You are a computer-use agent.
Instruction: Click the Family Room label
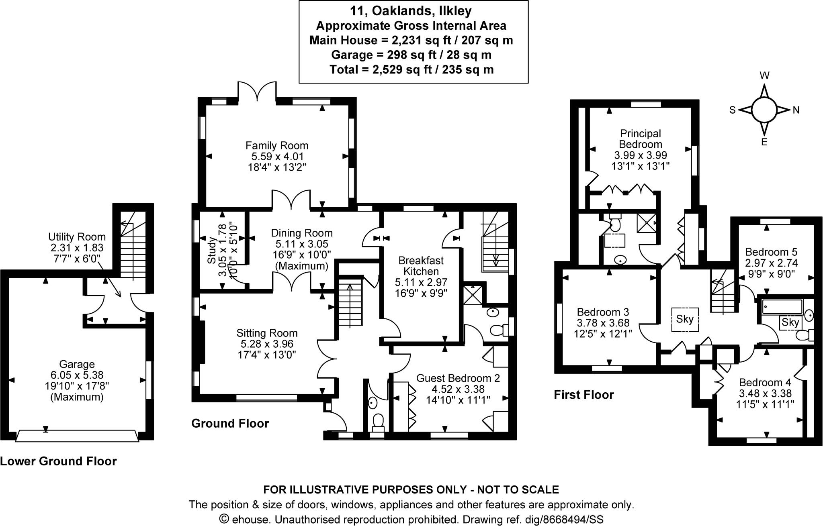277,145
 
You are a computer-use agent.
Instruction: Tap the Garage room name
77,364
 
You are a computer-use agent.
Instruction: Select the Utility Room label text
77,237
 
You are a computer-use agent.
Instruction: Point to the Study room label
211,250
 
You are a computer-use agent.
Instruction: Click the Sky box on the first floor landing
685,319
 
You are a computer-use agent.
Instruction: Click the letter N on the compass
796,110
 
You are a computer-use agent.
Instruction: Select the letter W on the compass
764,75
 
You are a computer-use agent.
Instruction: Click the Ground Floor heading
230,423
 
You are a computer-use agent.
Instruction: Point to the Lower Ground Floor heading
58,461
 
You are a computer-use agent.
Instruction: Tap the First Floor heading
583,395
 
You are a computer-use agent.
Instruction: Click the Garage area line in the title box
411,55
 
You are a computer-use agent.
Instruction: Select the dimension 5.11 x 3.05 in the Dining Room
301,244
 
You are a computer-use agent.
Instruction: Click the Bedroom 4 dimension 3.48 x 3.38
765,393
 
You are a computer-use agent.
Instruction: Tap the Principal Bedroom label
640,139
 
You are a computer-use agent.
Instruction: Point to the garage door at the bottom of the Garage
77,436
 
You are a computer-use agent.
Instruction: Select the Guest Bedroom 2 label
458,378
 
